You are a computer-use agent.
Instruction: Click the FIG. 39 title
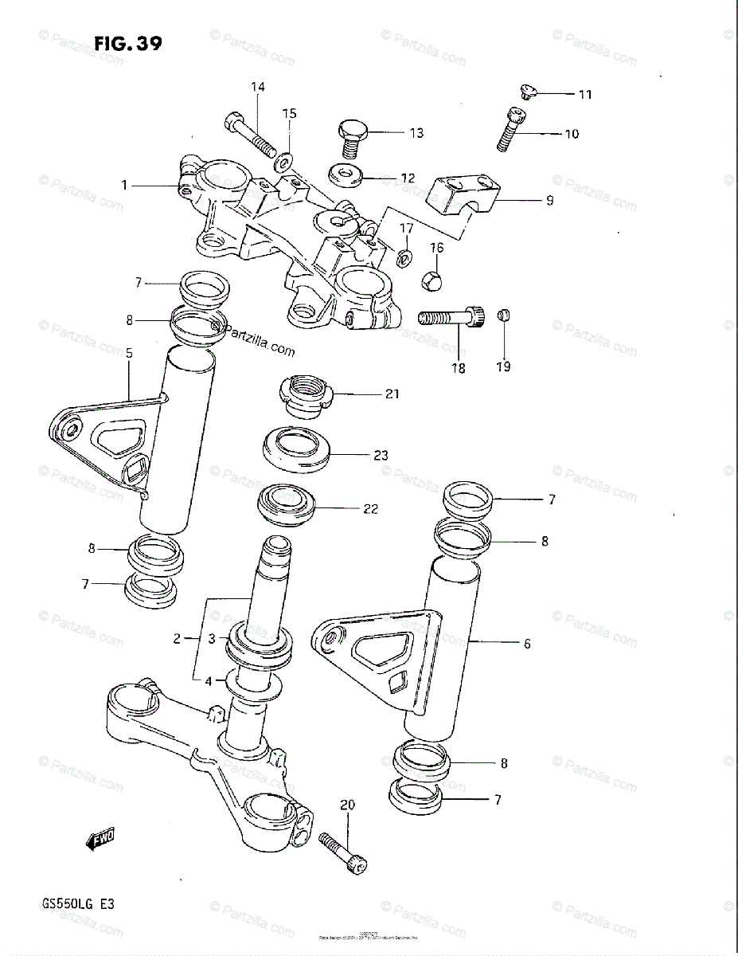click(x=127, y=43)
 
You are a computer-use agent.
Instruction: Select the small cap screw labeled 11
click(x=525, y=92)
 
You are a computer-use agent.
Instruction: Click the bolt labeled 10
click(x=508, y=129)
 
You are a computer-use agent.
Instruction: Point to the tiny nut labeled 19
click(x=503, y=316)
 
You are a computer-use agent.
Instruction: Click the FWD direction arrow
click(x=100, y=837)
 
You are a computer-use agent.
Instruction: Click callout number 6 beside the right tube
click(x=526, y=644)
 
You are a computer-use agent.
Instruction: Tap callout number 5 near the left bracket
click(x=129, y=352)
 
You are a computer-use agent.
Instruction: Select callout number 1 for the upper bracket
click(x=124, y=185)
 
